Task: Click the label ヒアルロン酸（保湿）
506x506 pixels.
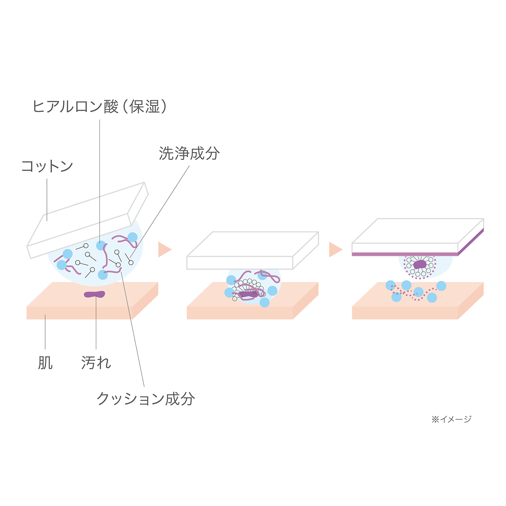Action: click(x=100, y=107)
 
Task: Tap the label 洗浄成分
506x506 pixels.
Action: click(x=189, y=153)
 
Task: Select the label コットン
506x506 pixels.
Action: click(x=47, y=166)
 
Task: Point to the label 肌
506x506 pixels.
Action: click(x=45, y=363)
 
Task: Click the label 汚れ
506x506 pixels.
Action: click(x=96, y=363)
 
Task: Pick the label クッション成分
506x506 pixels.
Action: click(x=146, y=399)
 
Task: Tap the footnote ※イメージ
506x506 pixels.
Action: click(x=451, y=419)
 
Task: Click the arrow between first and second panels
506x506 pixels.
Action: click(x=165, y=250)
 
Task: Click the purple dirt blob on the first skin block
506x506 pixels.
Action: click(x=94, y=294)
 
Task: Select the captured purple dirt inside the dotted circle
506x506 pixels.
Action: click(x=420, y=264)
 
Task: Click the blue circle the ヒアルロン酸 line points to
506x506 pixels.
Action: click(x=101, y=246)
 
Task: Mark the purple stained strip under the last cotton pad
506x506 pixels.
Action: click(x=405, y=254)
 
